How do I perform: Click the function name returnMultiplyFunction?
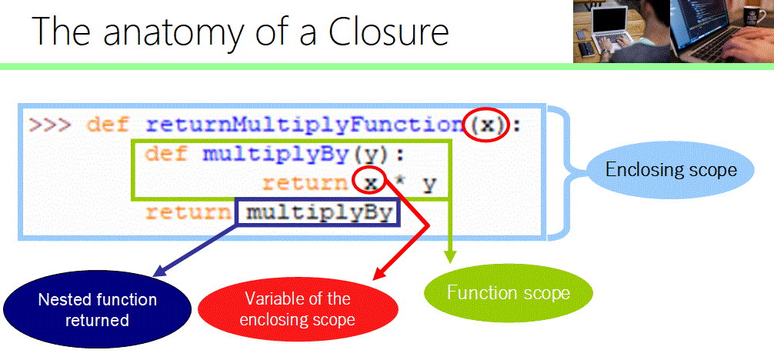(305, 125)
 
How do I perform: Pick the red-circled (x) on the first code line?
(486, 125)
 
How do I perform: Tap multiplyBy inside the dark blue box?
(319, 212)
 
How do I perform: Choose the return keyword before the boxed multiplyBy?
(188, 212)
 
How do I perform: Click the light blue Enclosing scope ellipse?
(671, 170)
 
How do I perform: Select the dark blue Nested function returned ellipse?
(97, 310)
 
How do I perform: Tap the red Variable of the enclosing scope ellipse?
(297, 308)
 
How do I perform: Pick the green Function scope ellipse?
(508, 293)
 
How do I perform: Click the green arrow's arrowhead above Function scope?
(450, 258)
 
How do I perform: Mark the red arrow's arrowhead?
(375, 275)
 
